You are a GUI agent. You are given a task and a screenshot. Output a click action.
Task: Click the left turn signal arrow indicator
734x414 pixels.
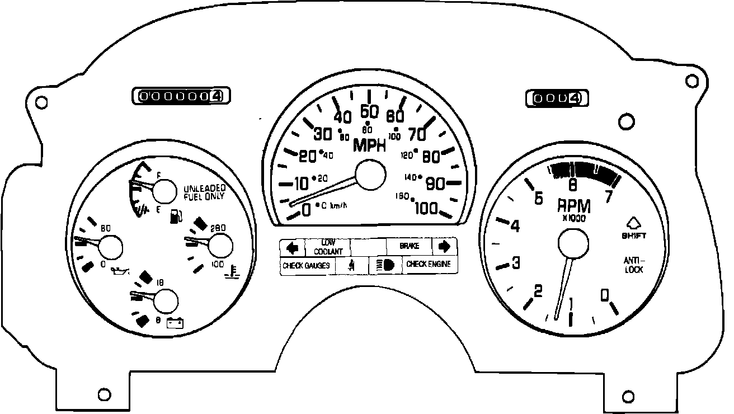[292, 247]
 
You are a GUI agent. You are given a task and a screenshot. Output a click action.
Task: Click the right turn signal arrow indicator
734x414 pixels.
[445, 246]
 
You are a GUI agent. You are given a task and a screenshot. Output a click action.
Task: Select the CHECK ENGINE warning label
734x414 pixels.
[428, 264]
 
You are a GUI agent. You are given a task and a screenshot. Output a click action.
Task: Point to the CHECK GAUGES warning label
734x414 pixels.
[306, 266]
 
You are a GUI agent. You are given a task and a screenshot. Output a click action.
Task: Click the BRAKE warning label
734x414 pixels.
[410, 246]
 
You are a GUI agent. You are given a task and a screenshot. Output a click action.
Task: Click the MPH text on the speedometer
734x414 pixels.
[370, 146]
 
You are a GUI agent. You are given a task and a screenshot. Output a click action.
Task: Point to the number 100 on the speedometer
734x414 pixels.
[426, 208]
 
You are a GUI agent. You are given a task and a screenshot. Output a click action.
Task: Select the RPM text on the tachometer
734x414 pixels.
[574, 206]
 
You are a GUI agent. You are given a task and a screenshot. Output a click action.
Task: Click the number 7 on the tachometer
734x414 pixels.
[609, 196]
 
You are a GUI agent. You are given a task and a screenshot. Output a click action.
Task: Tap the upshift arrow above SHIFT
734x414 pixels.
[633, 223]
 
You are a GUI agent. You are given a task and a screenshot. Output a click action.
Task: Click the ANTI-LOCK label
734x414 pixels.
[634, 265]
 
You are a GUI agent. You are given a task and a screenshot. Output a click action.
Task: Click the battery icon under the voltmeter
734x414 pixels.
[177, 322]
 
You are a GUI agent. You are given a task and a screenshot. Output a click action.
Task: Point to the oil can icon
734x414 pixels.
[120, 271]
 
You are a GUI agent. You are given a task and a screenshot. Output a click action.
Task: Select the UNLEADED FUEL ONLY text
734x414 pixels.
[204, 192]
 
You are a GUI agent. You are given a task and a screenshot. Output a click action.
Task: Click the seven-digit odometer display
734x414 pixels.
[181, 96]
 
